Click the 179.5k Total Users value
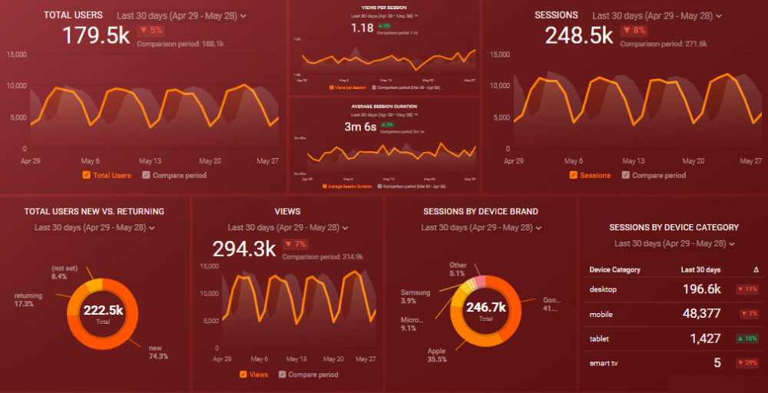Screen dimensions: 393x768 coord(95,35)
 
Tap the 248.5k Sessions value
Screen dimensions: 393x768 coord(578,35)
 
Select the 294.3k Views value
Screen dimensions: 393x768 coord(243,249)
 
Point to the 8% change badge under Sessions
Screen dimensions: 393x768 coord(634,31)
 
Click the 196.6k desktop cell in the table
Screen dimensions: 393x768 coord(701,289)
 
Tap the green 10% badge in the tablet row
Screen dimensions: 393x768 coord(747,339)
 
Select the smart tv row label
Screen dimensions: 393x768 coord(604,363)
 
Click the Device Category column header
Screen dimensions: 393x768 coord(614,270)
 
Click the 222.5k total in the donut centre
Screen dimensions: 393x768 coord(104,311)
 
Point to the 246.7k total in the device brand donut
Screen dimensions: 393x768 coord(486,308)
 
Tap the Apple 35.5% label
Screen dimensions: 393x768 coord(437,355)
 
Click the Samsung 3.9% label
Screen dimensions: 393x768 coord(415,296)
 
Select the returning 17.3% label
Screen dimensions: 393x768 coord(28,299)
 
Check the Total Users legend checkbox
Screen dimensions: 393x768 coord(87,175)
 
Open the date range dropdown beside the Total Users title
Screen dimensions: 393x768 coord(181,15)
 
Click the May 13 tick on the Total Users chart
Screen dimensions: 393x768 coord(150,161)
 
